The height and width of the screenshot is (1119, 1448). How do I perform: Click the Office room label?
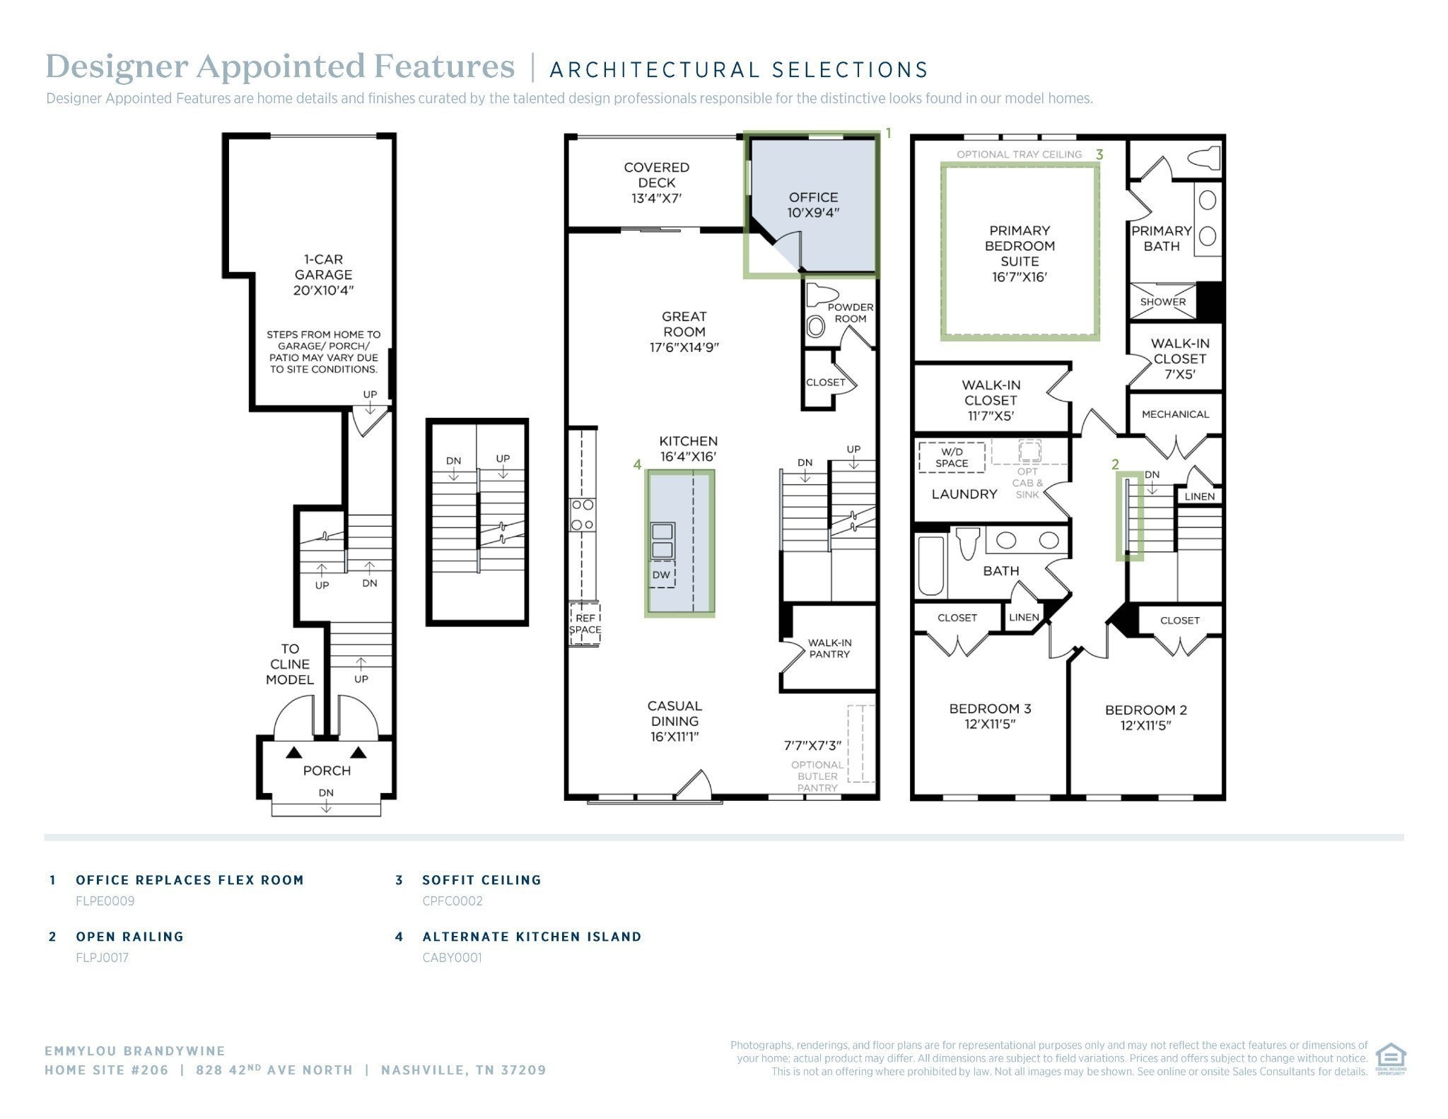(x=813, y=205)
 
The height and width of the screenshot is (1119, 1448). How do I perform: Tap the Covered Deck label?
(x=656, y=183)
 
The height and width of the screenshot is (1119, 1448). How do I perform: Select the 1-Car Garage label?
(x=323, y=275)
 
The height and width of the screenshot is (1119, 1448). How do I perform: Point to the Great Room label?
(x=684, y=332)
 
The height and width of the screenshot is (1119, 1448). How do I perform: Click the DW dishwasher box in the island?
(x=661, y=574)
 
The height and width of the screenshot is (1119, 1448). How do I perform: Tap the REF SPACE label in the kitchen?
(x=585, y=623)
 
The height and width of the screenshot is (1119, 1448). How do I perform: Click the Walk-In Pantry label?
(x=829, y=648)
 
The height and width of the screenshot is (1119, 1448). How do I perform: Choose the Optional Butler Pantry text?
(x=817, y=776)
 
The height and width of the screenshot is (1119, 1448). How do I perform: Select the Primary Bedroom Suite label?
(x=1020, y=254)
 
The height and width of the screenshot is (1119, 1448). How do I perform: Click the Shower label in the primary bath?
(x=1163, y=302)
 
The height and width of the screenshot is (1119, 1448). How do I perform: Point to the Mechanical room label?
(x=1175, y=414)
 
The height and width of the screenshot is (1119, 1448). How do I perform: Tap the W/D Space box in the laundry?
(x=952, y=457)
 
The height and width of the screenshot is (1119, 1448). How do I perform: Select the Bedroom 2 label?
(x=1146, y=717)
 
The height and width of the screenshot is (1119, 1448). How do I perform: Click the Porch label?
(x=327, y=771)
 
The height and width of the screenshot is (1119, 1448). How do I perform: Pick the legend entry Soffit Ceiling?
(x=481, y=880)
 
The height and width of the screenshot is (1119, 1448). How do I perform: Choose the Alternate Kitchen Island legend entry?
(x=532, y=937)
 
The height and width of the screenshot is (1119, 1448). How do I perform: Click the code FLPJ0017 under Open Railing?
(x=102, y=958)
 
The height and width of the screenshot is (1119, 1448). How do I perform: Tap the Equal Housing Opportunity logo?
(x=1391, y=1058)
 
